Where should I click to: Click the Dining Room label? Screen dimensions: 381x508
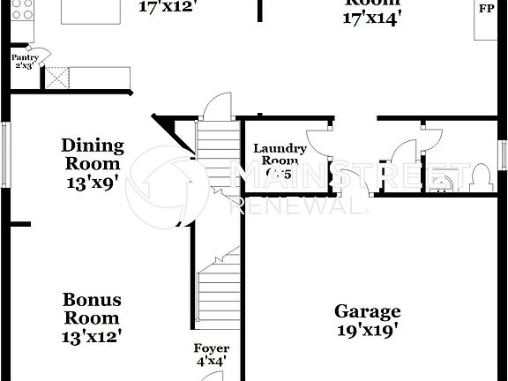pyautogui.click(x=92, y=154)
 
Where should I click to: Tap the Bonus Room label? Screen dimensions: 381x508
pyautogui.click(x=91, y=309)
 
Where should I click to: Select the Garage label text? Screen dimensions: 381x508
pyautogui.click(x=367, y=311)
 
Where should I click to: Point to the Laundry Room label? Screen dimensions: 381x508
pyautogui.click(x=280, y=155)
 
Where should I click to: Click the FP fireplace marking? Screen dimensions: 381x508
pyautogui.click(x=486, y=9)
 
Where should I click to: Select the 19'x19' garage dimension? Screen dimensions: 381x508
pyautogui.click(x=367, y=331)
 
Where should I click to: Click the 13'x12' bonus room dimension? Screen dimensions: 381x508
pyautogui.click(x=91, y=335)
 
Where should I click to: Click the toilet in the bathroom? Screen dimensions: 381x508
pyautogui.click(x=480, y=176)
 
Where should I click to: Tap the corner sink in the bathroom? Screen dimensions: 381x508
pyautogui.click(x=440, y=183)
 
